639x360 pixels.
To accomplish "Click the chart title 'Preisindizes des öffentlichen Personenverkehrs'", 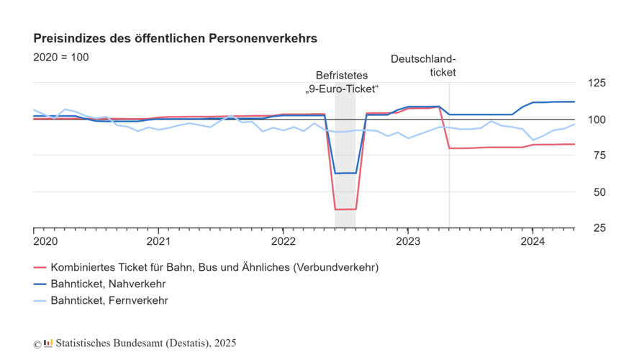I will tap(176, 37).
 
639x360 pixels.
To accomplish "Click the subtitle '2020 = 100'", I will tap(61, 57).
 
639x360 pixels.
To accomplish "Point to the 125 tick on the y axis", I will tap(596, 83).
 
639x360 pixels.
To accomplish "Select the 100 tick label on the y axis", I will tap(596, 119).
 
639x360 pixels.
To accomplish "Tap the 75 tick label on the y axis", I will tap(596, 156).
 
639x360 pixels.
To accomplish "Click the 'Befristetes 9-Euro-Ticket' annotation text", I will tap(341, 82).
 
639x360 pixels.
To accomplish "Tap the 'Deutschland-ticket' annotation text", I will tap(423, 66).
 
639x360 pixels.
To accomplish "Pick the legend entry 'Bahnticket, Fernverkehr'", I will tap(110, 300).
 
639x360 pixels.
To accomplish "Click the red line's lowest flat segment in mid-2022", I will tap(345, 209).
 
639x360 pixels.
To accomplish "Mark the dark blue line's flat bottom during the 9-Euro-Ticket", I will tap(345, 173).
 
